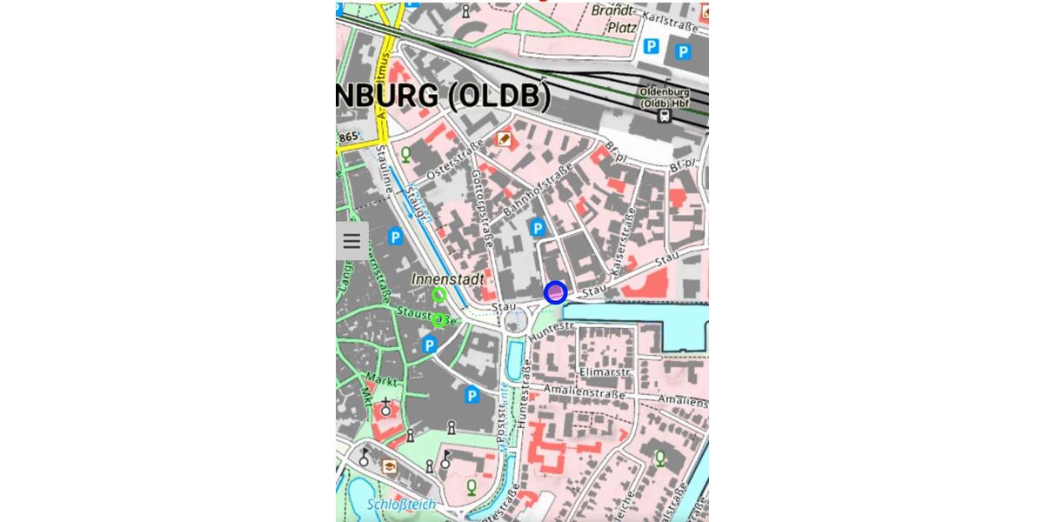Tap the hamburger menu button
pos(351,241)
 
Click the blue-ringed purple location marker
pos(555,292)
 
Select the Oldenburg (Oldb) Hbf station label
pos(665,97)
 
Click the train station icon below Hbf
pos(665,116)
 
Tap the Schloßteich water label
pos(400,505)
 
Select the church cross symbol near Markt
pos(385,405)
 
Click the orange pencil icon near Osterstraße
pos(504,139)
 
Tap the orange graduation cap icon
pos(389,467)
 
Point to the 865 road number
pos(349,137)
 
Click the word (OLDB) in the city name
pos(499,97)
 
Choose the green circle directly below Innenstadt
pos(439,295)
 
